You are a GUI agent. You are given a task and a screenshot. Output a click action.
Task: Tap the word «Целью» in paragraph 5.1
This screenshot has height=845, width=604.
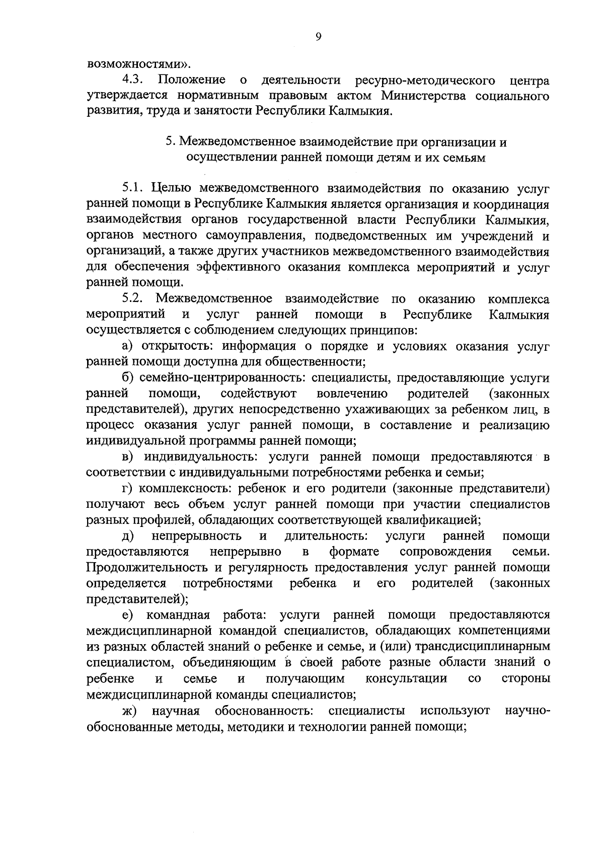pos(171,189)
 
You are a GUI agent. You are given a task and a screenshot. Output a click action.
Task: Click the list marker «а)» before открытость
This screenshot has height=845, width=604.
pos(128,347)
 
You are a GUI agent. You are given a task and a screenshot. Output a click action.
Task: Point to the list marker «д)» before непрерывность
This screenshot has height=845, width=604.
pos(128,536)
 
